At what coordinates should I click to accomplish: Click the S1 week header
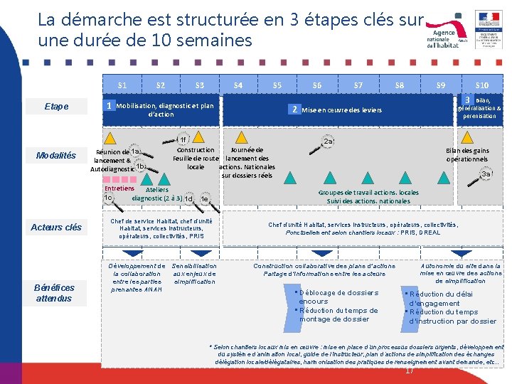122,85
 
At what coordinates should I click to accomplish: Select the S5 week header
277,85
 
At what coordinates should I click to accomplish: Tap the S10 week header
481,85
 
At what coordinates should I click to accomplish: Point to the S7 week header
358,85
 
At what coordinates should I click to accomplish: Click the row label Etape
57,107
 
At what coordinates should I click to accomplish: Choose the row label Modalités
56,156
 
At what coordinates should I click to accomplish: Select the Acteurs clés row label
56,228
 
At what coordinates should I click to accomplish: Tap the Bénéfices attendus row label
54,292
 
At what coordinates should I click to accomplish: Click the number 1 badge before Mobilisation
109,106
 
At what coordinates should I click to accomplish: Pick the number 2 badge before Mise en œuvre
294,110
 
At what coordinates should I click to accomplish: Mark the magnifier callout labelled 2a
329,142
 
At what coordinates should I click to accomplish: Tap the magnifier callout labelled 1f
183,139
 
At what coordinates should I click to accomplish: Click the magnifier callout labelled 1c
108,198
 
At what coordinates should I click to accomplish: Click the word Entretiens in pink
119,188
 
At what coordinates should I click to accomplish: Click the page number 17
409,370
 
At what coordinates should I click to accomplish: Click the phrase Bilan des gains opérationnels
467,154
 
